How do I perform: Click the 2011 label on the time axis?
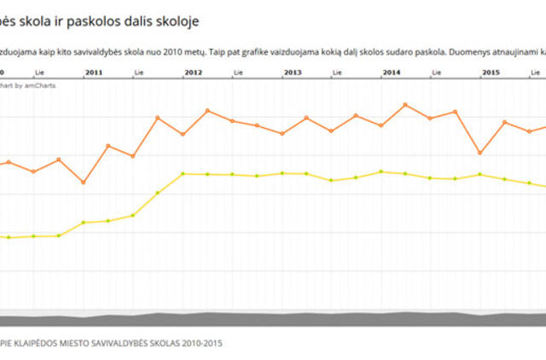[x=94, y=73]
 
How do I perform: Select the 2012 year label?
[x=194, y=73]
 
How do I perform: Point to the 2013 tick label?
[x=293, y=73]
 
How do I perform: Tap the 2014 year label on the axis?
[x=392, y=73]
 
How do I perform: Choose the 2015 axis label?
[x=491, y=73]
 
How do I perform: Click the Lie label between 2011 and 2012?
[x=139, y=73]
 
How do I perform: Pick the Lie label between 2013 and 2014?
[x=337, y=73]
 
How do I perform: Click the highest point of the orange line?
[x=405, y=105]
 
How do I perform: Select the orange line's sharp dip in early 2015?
[x=479, y=153]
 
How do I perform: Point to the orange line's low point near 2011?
[x=83, y=182]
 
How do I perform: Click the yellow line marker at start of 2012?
[x=183, y=174]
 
